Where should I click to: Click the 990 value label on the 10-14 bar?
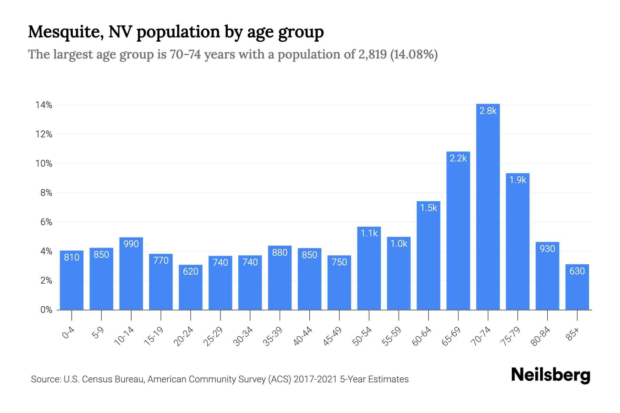[x=131, y=244]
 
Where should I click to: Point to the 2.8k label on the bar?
[x=488, y=111]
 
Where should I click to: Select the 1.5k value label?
[x=428, y=208]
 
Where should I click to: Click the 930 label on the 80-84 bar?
[x=547, y=249]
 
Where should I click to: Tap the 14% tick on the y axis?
[x=44, y=105]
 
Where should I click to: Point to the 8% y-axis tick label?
[x=46, y=193]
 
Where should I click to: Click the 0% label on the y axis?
[x=46, y=310]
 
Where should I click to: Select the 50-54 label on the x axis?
[x=362, y=336]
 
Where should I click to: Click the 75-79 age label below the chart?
[x=510, y=336]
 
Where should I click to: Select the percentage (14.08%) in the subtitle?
[x=414, y=55]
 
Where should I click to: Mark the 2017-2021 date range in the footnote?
[x=315, y=379]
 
